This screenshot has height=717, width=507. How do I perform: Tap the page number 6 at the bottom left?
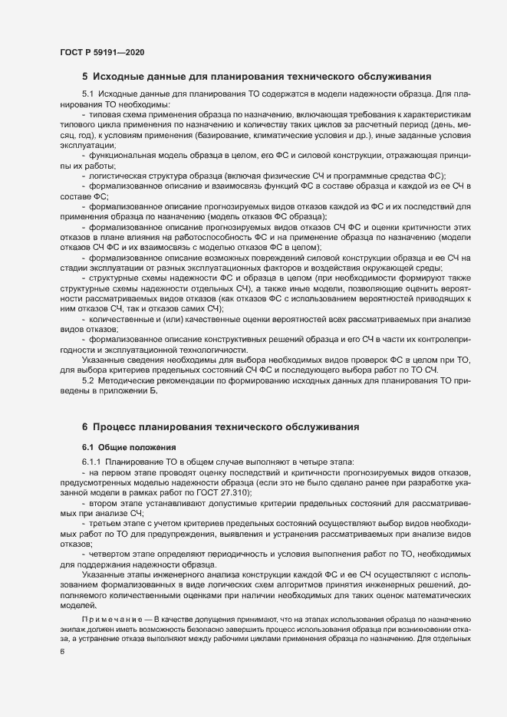61,652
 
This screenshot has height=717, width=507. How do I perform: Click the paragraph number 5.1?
89,94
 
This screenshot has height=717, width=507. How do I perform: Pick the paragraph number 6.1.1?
94,462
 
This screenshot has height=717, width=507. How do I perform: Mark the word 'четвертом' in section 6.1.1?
112,553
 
